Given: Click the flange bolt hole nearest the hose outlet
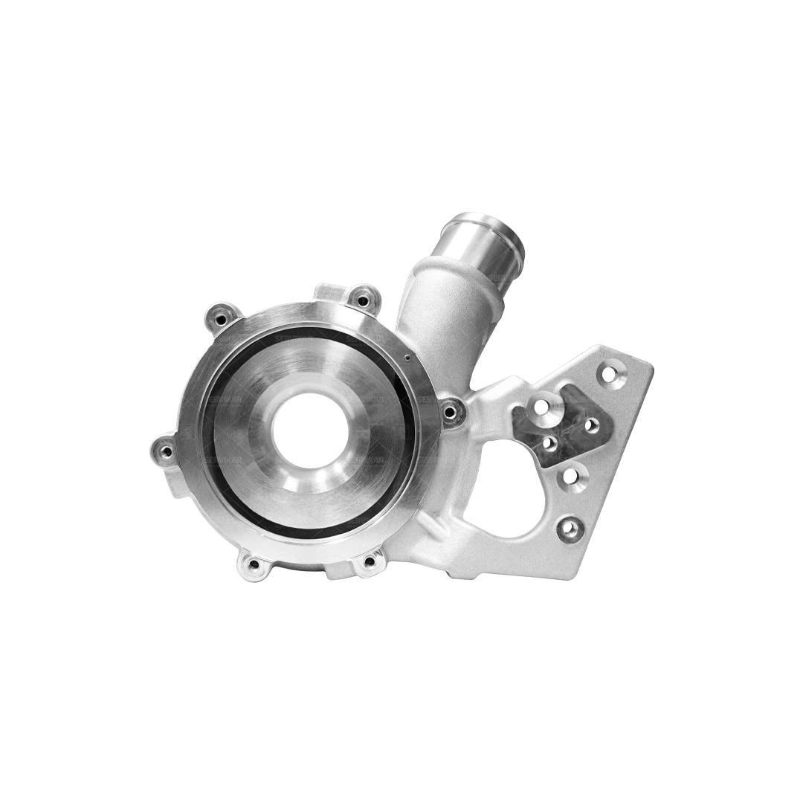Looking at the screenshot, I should coord(363,300).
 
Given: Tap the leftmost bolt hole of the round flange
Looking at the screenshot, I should coord(167,449).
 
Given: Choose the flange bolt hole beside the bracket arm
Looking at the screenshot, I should coord(451,410).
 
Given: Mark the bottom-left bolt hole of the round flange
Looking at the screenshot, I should coord(254,564).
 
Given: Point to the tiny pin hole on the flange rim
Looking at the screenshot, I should coord(408,357).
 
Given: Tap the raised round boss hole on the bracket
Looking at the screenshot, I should coord(542,407).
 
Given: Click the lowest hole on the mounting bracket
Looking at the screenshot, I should coord(569,529).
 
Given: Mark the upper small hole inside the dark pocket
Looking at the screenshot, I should coord(591,425).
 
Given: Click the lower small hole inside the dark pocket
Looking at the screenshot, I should coord(549,444).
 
